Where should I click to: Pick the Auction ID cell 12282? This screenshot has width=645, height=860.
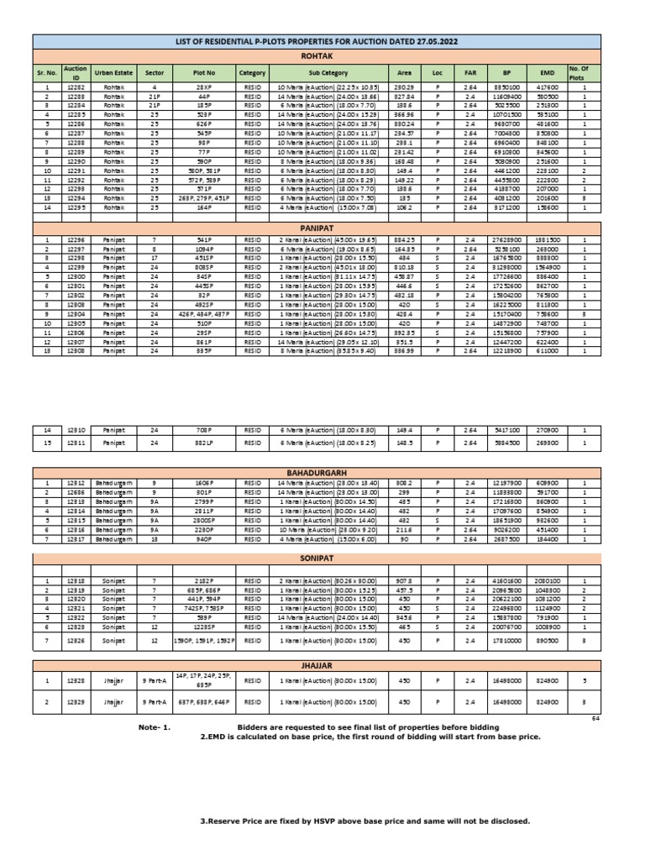click(x=76, y=87)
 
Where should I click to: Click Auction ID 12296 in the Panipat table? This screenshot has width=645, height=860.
click(x=76, y=240)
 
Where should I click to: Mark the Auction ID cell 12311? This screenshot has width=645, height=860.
click(x=76, y=442)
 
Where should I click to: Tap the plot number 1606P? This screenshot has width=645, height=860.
click(x=204, y=484)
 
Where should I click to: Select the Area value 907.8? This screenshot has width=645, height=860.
click(x=402, y=581)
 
